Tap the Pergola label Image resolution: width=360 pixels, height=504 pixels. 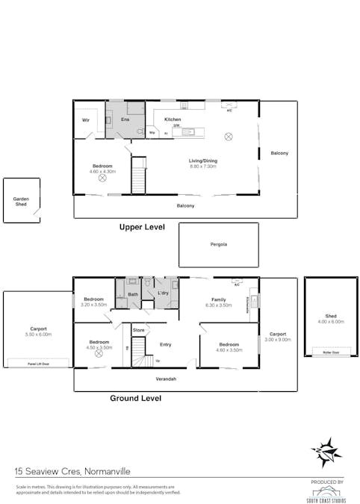pos(218,244)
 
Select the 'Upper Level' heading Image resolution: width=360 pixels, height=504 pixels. pos(142,227)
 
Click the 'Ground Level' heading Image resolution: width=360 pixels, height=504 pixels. pos(135,398)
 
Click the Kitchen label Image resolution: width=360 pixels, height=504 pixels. pos(173,119)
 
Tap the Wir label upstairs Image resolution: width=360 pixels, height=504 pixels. pos(86,119)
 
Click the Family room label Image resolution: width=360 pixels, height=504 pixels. pos(218,299)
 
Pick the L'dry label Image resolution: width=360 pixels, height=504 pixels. pos(163,293)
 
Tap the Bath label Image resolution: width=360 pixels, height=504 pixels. pos(133,294)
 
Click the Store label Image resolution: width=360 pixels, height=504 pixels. pos(138,329)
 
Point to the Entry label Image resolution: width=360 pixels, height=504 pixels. pos(166,344)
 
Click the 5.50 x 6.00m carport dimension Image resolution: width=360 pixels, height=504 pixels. pos(38,335)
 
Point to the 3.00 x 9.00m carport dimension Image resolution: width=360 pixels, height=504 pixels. pos(278,339)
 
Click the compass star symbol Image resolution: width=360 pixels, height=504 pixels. pos(326,451)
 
